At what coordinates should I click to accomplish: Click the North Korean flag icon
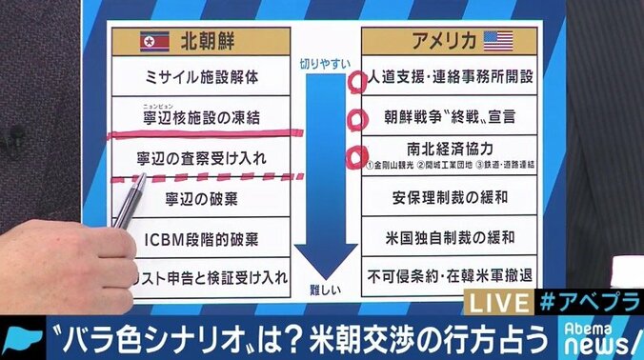(154, 40)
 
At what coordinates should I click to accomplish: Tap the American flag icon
(498, 40)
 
